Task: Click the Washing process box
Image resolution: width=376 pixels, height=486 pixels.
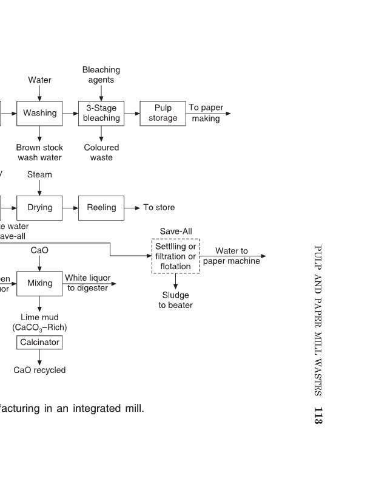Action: click(x=40, y=113)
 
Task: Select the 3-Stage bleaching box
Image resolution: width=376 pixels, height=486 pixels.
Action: click(x=101, y=113)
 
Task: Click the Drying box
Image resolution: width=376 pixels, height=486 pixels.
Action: click(x=40, y=208)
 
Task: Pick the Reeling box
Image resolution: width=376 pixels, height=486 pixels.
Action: click(x=101, y=208)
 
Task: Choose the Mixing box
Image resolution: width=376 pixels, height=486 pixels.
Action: click(x=40, y=283)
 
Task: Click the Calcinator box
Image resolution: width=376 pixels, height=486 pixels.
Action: click(x=39, y=343)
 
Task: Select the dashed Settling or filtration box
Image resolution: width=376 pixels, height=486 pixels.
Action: click(x=175, y=256)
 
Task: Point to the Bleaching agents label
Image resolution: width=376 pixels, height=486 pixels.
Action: click(x=101, y=75)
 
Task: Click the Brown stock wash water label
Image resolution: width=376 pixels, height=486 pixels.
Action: click(x=39, y=152)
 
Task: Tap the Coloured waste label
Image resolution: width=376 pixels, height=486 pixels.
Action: click(x=101, y=152)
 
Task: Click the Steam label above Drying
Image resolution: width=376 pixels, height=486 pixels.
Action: click(x=39, y=175)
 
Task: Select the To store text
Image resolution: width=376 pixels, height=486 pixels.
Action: click(x=159, y=208)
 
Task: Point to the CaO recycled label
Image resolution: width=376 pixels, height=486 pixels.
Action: click(x=39, y=370)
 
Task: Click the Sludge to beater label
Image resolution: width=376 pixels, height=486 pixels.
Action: click(x=175, y=300)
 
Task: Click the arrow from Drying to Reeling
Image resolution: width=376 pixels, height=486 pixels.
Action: click(x=71, y=208)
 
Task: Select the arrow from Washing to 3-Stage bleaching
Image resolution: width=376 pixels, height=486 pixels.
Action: click(x=71, y=113)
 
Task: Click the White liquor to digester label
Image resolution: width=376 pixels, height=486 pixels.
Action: click(x=88, y=282)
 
